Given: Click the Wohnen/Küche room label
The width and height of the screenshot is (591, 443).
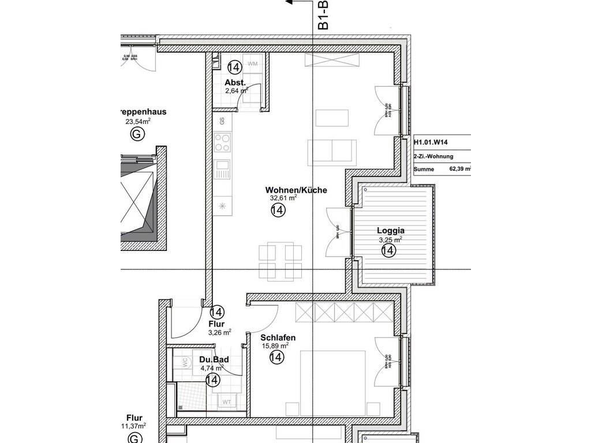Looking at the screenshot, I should pos(296,190).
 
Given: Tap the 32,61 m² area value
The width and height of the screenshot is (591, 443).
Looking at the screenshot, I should pos(283,198).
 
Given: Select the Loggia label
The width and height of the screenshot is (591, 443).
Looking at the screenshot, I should pos(391,231).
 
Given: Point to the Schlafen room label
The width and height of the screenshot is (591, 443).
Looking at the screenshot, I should pos(278,338).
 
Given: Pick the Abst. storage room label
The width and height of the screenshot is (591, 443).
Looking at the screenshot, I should pos(235,82).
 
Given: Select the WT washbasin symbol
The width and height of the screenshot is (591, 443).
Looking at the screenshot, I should pos(227,401).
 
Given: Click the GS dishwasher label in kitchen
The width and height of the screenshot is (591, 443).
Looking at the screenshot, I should pos(222,121).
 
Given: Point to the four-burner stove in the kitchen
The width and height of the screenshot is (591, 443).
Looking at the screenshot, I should pos(222,142).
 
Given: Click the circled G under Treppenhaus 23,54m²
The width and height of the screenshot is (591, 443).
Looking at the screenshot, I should pos(137,134).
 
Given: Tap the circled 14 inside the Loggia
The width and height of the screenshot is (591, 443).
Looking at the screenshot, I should pos(388,250).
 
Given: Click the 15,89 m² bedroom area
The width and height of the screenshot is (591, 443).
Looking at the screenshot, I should pos(275,346).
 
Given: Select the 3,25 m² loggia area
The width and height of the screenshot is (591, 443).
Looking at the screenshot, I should pos(390,239).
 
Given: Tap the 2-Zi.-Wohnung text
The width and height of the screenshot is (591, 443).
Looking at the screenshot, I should pos(433,156).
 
